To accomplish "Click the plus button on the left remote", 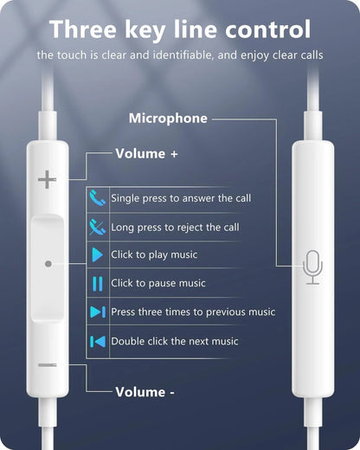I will (x=47, y=180).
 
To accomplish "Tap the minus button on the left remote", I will (x=48, y=364).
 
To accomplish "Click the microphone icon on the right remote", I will (x=312, y=267).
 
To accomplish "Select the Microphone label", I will (x=168, y=119).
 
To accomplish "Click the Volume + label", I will (x=146, y=154).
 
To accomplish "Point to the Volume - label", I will (x=145, y=392).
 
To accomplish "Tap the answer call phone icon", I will (x=97, y=198).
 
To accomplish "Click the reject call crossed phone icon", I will (x=97, y=227).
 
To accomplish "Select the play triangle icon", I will (x=97, y=255).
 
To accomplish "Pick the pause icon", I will (x=97, y=283).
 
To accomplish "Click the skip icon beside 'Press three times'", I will (x=97, y=312).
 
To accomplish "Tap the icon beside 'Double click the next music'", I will (x=97, y=341).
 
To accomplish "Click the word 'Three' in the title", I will (x=87, y=29).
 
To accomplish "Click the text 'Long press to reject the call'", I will (x=175, y=227).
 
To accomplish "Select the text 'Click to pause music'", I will (x=158, y=283).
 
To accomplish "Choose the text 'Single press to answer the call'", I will (x=181, y=198).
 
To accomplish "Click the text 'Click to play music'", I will (x=154, y=255).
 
